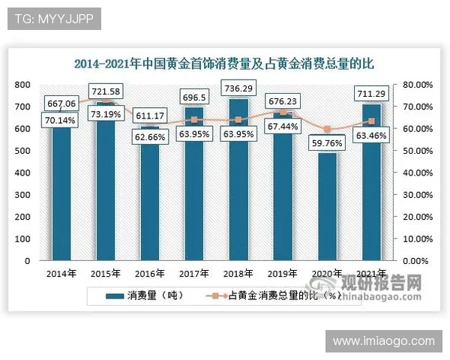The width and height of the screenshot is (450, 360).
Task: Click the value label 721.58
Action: (105, 92)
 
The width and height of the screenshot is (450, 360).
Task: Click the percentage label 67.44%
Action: (283, 127)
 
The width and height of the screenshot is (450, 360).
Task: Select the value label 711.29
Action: (372, 93)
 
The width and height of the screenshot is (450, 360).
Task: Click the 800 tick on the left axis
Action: (23, 85)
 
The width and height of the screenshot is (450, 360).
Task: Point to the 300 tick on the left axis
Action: (23, 195)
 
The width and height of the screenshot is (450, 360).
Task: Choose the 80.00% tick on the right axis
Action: (418, 85)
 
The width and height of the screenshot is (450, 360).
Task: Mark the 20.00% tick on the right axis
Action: (418, 217)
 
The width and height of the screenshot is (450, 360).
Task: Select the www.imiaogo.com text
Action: (383, 341)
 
